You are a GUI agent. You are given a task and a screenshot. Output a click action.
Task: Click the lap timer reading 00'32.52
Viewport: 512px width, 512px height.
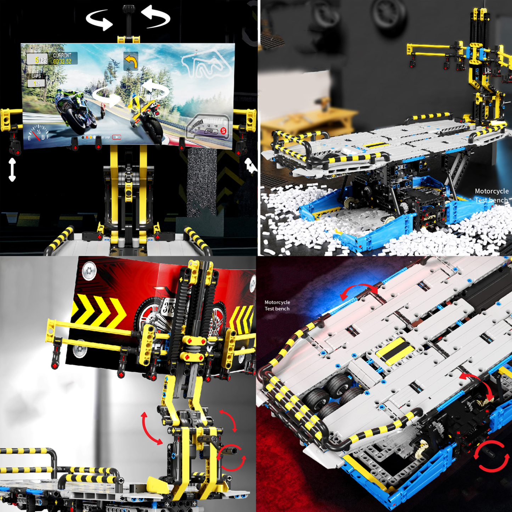(62, 62)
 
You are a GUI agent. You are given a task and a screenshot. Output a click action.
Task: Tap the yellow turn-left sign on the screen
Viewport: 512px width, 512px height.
(130, 61)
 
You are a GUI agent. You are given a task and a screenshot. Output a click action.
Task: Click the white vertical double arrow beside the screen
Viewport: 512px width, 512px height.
(12, 170)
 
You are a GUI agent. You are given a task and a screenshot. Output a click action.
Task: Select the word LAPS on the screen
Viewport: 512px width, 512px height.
(36, 76)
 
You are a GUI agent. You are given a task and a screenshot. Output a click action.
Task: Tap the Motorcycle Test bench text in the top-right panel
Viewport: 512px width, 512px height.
(491, 196)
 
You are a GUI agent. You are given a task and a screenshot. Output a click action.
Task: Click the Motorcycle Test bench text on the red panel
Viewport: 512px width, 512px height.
(277, 305)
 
